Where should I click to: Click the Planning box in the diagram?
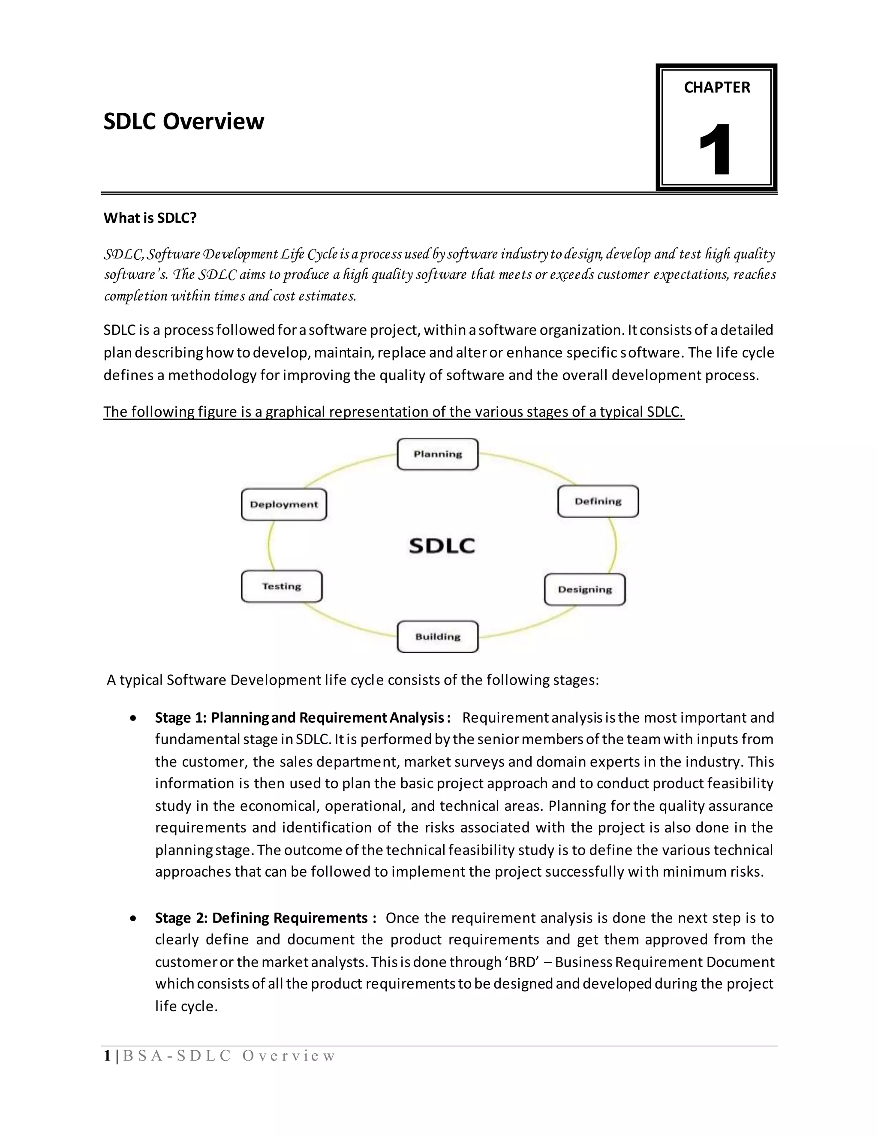[x=437, y=454]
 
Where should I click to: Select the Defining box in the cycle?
[x=598, y=502]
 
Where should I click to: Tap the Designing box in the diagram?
[x=585, y=589]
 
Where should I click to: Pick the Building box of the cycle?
[x=437, y=637]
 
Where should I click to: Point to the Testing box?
[x=281, y=586]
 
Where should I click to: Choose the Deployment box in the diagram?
[x=283, y=505]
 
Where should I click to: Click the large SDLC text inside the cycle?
[x=442, y=546]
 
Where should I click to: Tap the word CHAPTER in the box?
[x=717, y=87]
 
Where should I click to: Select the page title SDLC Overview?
[x=183, y=121]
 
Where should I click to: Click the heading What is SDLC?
[x=150, y=218]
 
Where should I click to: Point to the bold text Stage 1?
[x=180, y=718]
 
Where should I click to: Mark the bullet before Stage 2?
[x=134, y=918]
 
